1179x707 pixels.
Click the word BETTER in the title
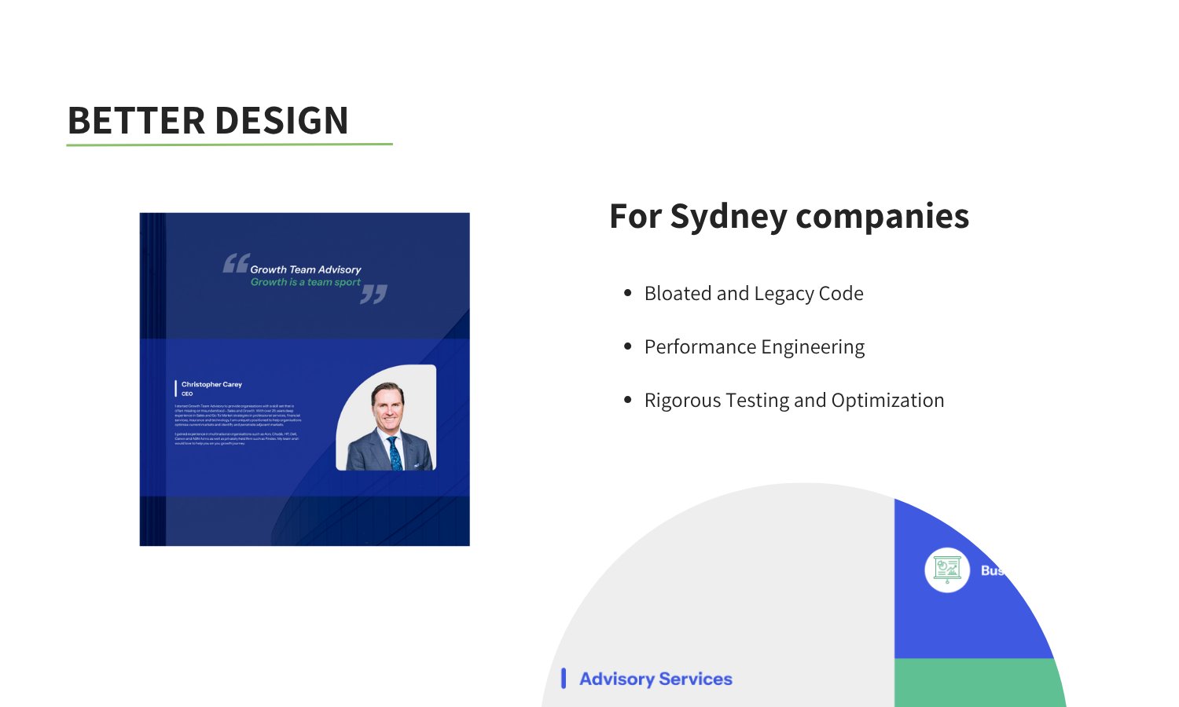(136, 121)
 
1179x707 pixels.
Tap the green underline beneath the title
(229, 145)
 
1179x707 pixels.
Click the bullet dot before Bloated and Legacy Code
(627, 293)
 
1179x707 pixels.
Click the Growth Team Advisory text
(306, 269)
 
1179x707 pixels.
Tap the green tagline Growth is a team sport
(306, 282)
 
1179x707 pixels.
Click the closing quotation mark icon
(374, 295)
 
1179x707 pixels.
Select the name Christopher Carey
(211, 384)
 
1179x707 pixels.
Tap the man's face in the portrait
(387, 405)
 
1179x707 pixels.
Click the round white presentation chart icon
(947, 570)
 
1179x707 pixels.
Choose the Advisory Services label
(656, 679)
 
